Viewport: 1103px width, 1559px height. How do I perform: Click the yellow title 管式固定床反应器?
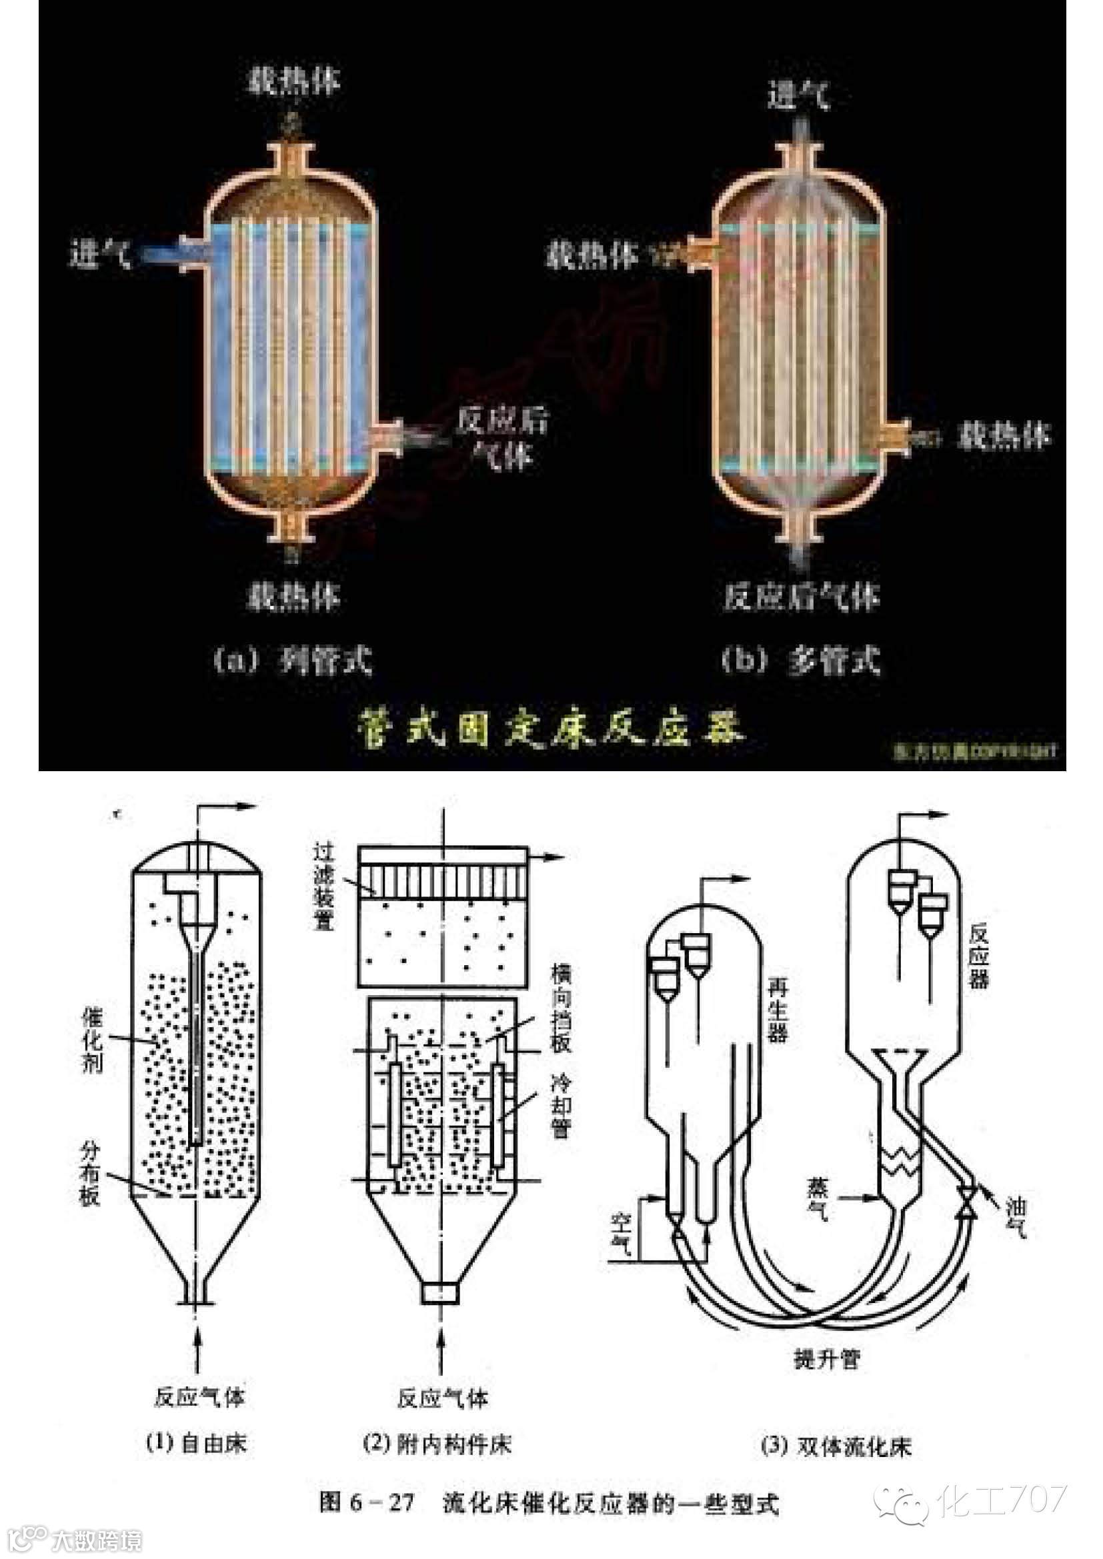550,729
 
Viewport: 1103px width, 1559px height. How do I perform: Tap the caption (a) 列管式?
293,660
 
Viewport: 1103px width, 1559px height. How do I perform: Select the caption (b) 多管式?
802,660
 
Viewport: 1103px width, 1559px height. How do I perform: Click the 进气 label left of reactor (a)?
101,254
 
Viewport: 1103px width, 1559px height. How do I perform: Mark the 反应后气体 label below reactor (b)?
802,597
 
